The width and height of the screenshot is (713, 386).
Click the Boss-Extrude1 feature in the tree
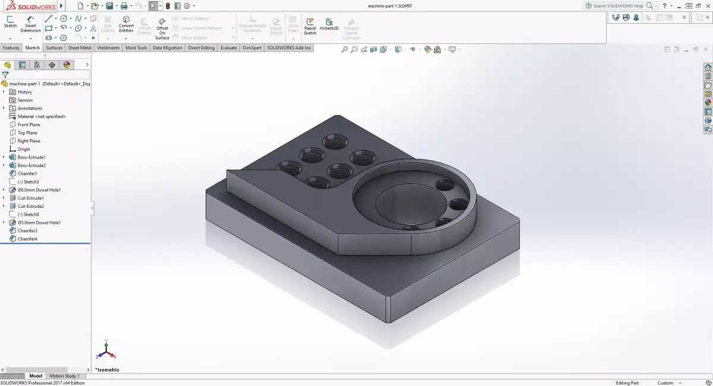click(31, 157)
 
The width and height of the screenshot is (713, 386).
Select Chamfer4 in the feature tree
click(27, 239)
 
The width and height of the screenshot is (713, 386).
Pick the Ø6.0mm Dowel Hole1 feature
click(39, 190)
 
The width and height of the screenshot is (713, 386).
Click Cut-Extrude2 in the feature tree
click(30, 206)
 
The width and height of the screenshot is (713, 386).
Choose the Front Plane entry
click(29, 125)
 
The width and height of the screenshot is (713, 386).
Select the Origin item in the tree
click(24, 149)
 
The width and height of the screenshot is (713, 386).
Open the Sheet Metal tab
click(80, 48)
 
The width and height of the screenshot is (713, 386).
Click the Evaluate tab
click(229, 48)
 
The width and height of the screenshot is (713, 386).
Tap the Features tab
click(11, 48)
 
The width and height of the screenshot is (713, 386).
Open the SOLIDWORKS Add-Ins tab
click(289, 48)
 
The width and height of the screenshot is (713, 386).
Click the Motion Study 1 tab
click(64, 376)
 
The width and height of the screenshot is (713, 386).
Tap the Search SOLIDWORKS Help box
click(617, 6)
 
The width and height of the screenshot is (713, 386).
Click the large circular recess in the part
click(410, 202)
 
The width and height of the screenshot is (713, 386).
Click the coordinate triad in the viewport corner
click(105, 350)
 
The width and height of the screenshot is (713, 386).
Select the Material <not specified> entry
click(41, 116)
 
